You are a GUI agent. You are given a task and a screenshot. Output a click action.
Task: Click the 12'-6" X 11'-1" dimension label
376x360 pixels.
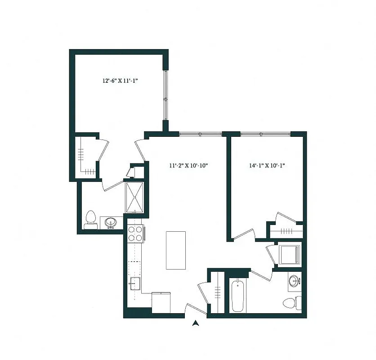[120, 81]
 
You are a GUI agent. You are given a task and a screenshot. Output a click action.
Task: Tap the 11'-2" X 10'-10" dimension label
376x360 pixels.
[188, 166]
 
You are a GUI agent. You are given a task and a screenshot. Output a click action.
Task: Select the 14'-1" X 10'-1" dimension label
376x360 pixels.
[268, 166]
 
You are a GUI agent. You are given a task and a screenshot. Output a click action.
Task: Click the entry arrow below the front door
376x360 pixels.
[196, 322]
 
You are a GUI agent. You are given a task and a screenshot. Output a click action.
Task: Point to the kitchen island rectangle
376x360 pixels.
[176, 250]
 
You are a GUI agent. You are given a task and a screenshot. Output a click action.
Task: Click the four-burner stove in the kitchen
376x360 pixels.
[135, 234]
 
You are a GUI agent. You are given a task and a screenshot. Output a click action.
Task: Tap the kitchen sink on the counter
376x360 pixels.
[135, 283]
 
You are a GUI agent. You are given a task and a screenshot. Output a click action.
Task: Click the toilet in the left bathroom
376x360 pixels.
[90, 219]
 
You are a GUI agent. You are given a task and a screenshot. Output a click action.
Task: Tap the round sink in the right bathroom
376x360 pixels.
[295, 282]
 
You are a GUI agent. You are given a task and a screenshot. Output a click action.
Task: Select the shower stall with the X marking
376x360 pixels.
[134, 197]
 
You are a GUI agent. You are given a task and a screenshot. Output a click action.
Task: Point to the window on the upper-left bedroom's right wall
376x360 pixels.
[166, 94]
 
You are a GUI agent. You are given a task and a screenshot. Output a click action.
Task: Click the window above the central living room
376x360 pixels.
[201, 134]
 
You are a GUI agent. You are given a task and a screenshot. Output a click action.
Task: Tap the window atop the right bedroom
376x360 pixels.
[265, 134]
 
